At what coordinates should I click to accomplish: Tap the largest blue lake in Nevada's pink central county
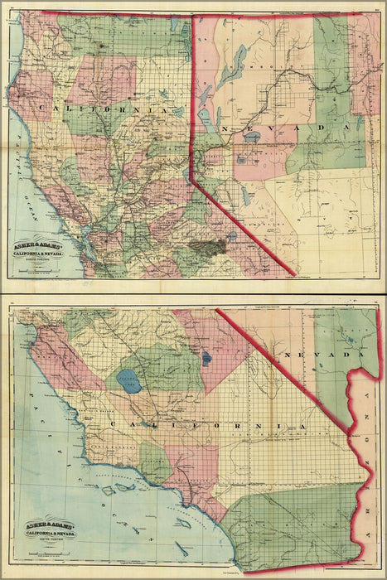250,154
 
